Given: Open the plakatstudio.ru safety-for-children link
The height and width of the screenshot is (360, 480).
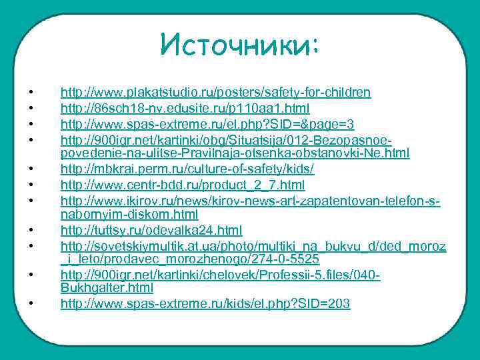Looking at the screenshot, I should pyautogui.click(x=216, y=92).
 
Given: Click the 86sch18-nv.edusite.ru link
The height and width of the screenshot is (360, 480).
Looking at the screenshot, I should pyautogui.click(x=185, y=108).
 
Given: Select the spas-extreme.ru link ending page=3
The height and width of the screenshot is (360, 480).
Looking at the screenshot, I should pyautogui.click(x=207, y=124).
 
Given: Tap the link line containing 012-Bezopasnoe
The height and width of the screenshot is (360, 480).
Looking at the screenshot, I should pyautogui.click(x=225, y=140).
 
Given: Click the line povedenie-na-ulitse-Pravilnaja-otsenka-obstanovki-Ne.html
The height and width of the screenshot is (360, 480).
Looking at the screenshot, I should pyautogui.click(x=235, y=153).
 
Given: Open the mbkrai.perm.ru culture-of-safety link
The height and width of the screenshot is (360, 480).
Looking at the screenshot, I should pyautogui.click(x=187, y=169).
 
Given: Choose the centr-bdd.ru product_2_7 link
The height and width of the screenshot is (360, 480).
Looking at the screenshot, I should pyautogui.click(x=183, y=185).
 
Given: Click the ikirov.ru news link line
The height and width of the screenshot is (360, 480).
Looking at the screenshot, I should pyautogui.click(x=251, y=201).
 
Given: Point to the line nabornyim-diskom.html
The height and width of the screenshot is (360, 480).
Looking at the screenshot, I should pyautogui.click(x=129, y=214).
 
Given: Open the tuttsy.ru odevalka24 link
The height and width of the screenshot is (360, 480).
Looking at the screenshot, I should pyautogui.click(x=151, y=230).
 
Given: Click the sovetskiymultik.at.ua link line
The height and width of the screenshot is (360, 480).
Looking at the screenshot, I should pyautogui.click(x=253, y=246).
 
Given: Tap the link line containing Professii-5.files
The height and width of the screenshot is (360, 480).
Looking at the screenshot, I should pyautogui.click(x=220, y=275).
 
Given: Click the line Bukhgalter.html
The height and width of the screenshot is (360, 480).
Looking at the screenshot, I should pyautogui.click(x=107, y=288).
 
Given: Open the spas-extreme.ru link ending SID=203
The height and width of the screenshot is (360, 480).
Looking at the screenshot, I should pyautogui.click(x=205, y=304).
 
